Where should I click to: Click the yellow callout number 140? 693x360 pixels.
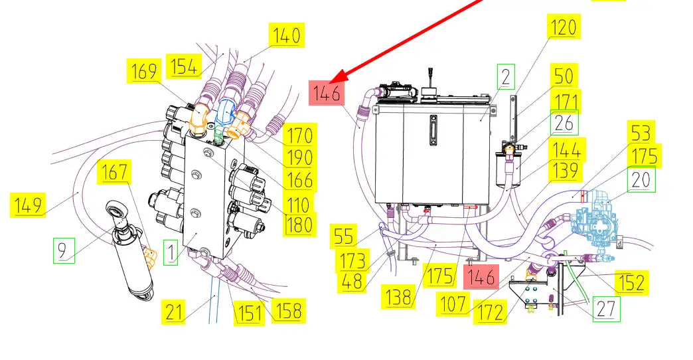[286, 35]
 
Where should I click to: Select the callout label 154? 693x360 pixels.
[184, 66]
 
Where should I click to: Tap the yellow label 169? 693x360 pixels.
[144, 71]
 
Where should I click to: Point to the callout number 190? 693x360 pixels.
[299, 157]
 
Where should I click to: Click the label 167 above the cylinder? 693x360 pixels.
[114, 171]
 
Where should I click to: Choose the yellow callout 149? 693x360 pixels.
[28, 205]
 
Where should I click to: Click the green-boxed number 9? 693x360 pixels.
[64, 250]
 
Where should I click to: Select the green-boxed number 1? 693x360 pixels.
[171, 252]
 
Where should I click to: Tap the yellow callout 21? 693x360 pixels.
[173, 312]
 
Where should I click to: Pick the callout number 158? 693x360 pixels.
[288, 310]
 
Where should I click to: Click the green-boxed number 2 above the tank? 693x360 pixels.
[506, 77]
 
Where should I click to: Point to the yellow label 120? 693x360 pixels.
[564, 27]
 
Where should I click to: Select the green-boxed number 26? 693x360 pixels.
[564, 122]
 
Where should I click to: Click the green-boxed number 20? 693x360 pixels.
[641, 179]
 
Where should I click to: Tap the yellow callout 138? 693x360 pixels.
[398, 297]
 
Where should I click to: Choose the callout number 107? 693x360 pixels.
[453, 304]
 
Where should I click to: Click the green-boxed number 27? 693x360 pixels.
[607, 309]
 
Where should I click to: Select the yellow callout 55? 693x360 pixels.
[343, 236]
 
